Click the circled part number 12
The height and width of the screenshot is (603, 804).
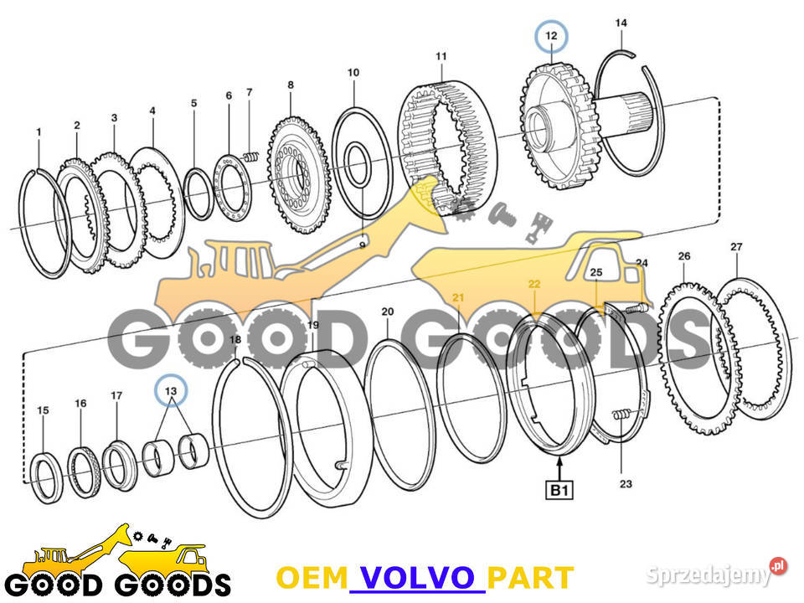551,36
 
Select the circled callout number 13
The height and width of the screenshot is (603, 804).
170,391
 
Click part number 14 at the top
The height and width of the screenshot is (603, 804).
621,23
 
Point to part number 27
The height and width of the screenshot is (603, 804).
736,247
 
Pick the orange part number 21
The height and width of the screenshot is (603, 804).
458,296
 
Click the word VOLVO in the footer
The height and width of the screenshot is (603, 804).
416,578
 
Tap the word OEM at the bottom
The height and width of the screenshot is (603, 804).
312,578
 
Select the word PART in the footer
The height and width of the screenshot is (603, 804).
530,578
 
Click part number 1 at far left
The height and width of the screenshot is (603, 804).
39,132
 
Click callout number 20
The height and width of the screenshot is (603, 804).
387,312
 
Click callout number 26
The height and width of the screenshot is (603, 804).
683,255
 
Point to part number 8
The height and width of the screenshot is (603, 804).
290,85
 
